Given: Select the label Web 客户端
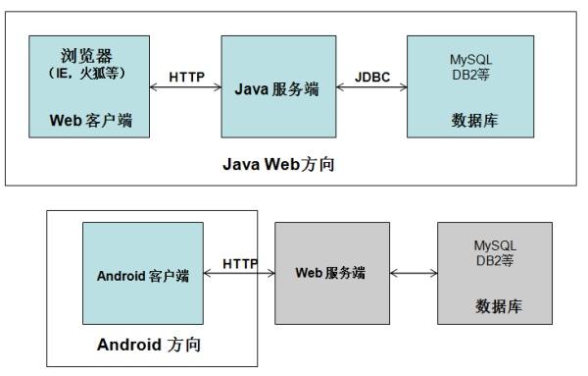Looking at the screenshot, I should click(90, 121).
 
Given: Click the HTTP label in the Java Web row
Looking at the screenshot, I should click(185, 76).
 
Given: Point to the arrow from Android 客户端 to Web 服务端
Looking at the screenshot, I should click(239, 274).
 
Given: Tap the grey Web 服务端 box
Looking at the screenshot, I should click(330, 272).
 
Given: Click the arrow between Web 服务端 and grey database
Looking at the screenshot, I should click(414, 272).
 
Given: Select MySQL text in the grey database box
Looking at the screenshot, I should click(495, 243).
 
